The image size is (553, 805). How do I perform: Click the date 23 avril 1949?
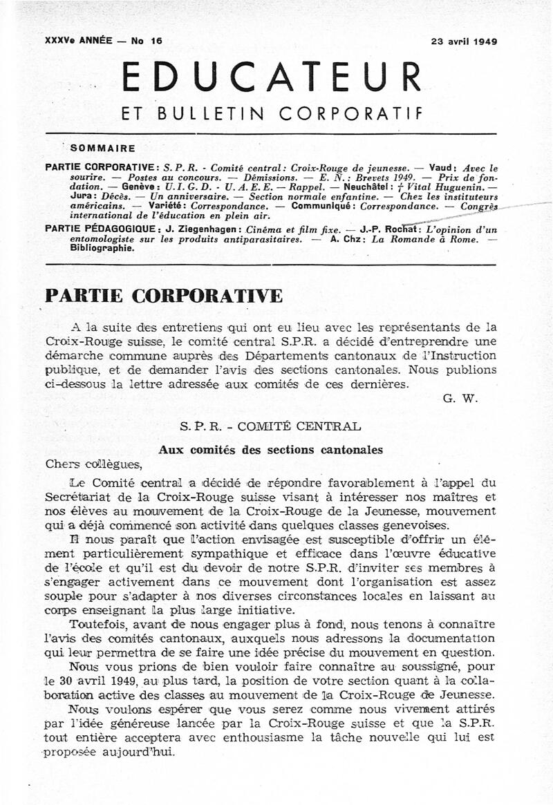(464, 41)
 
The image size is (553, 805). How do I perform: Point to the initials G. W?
(459, 399)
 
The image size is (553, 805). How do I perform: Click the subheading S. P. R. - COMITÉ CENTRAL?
(270, 427)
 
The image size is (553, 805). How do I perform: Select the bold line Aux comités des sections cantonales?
(270, 450)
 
